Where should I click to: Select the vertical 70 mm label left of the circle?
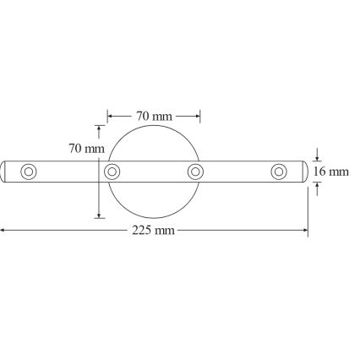[86, 149]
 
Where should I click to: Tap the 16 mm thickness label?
[330, 172]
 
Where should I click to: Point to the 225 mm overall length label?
[154, 230]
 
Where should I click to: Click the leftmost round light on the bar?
[29, 172]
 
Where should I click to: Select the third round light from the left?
[195, 172]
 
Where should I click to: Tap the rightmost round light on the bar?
[279, 172]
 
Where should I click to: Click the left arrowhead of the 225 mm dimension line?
[3, 230]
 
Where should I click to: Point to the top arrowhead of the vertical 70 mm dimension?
[100, 128]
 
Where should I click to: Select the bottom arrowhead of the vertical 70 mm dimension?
[100, 215]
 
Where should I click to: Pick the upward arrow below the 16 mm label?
[317, 188]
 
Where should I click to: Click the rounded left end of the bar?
[4, 172]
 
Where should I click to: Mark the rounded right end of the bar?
[304, 172]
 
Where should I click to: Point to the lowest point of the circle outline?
[154, 218]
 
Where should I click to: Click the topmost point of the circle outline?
[154, 126]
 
